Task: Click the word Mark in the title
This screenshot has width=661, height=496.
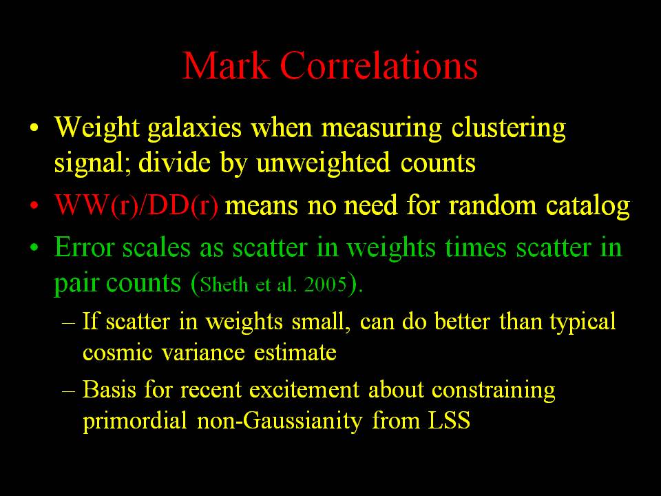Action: [x=226, y=65]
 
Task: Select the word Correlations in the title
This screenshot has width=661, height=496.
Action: [x=379, y=65]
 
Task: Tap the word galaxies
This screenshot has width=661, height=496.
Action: [x=194, y=128]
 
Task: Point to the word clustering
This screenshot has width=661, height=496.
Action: [x=508, y=128]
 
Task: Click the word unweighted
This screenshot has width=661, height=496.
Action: [x=324, y=163]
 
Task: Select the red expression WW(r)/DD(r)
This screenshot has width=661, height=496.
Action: [x=136, y=206]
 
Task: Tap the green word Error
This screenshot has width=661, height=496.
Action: [x=84, y=247]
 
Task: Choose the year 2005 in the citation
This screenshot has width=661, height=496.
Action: [x=326, y=285]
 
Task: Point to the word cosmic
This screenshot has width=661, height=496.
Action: [x=117, y=352]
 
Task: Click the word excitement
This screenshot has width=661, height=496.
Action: [x=304, y=389]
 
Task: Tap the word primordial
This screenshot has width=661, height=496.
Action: [x=135, y=421]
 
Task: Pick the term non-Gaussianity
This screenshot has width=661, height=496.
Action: [x=280, y=421]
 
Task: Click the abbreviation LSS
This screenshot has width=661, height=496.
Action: [x=449, y=420]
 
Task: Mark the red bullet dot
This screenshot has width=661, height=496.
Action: [x=34, y=206]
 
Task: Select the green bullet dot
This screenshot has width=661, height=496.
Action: [x=34, y=247]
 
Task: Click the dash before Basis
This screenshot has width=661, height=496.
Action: [x=69, y=391]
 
